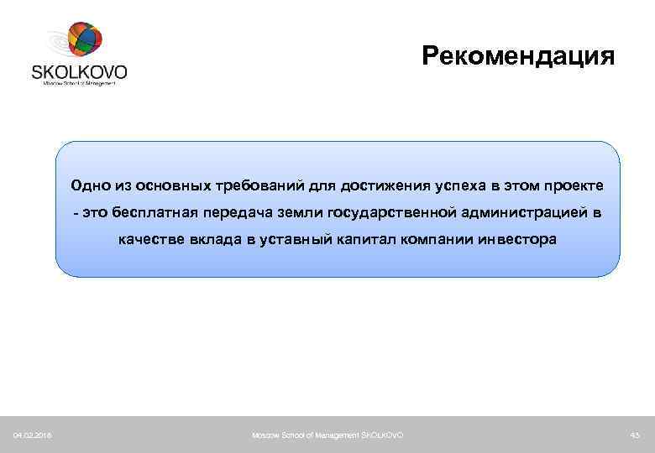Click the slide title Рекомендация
tap(518, 56)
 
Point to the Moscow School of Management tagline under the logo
tap(79, 83)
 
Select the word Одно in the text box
tap(90, 185)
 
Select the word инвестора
tap(516, 240)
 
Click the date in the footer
tap(31, 434)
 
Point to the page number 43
tap(634, 434)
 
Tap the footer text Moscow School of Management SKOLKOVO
tap(327, 434)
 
